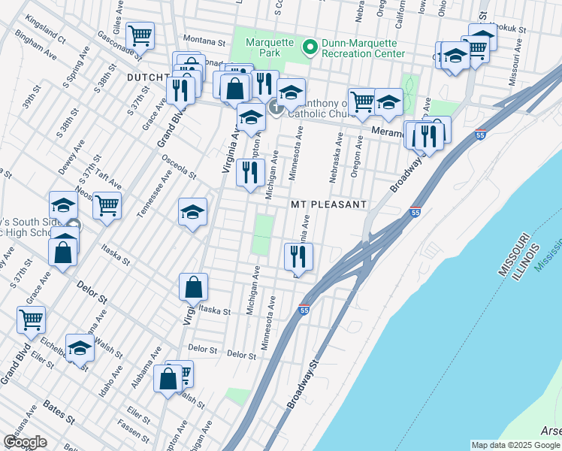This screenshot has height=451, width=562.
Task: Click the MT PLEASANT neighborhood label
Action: [328, 204]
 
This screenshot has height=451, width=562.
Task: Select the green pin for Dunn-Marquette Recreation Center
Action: [309, 48]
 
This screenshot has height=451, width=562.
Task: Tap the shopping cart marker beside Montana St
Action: [140, 35]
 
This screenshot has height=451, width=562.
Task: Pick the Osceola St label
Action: [178, 167]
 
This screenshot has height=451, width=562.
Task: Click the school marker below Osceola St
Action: [192, 212]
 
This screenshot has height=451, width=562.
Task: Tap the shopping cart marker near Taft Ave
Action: [107, 204]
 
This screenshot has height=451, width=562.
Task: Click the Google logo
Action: [25, 442]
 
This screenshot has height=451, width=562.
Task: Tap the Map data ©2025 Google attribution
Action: [515, 445]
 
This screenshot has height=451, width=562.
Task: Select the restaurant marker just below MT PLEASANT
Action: [298, 256]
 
